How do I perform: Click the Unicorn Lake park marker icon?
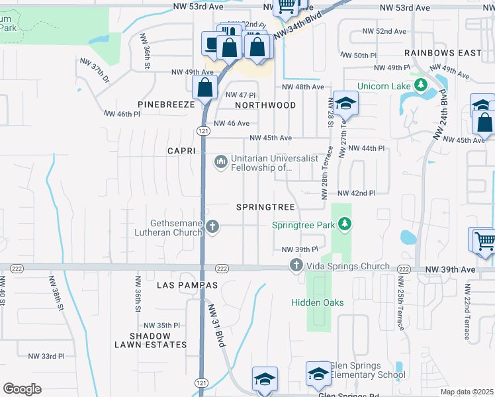coord(420,86)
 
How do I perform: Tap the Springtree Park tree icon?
coord(344,225)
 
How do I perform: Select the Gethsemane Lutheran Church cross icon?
coord(212,228)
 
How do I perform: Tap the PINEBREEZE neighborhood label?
coord(166,105)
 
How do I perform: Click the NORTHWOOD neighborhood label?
coord(265,105)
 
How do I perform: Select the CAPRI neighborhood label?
coord(181,151)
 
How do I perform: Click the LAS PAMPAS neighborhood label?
coord(187,285)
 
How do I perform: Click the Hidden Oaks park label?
coord(318,302)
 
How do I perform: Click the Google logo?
coord(22,389)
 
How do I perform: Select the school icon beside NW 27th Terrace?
coord(345,104)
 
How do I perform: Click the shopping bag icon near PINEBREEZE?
coord(205,87)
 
